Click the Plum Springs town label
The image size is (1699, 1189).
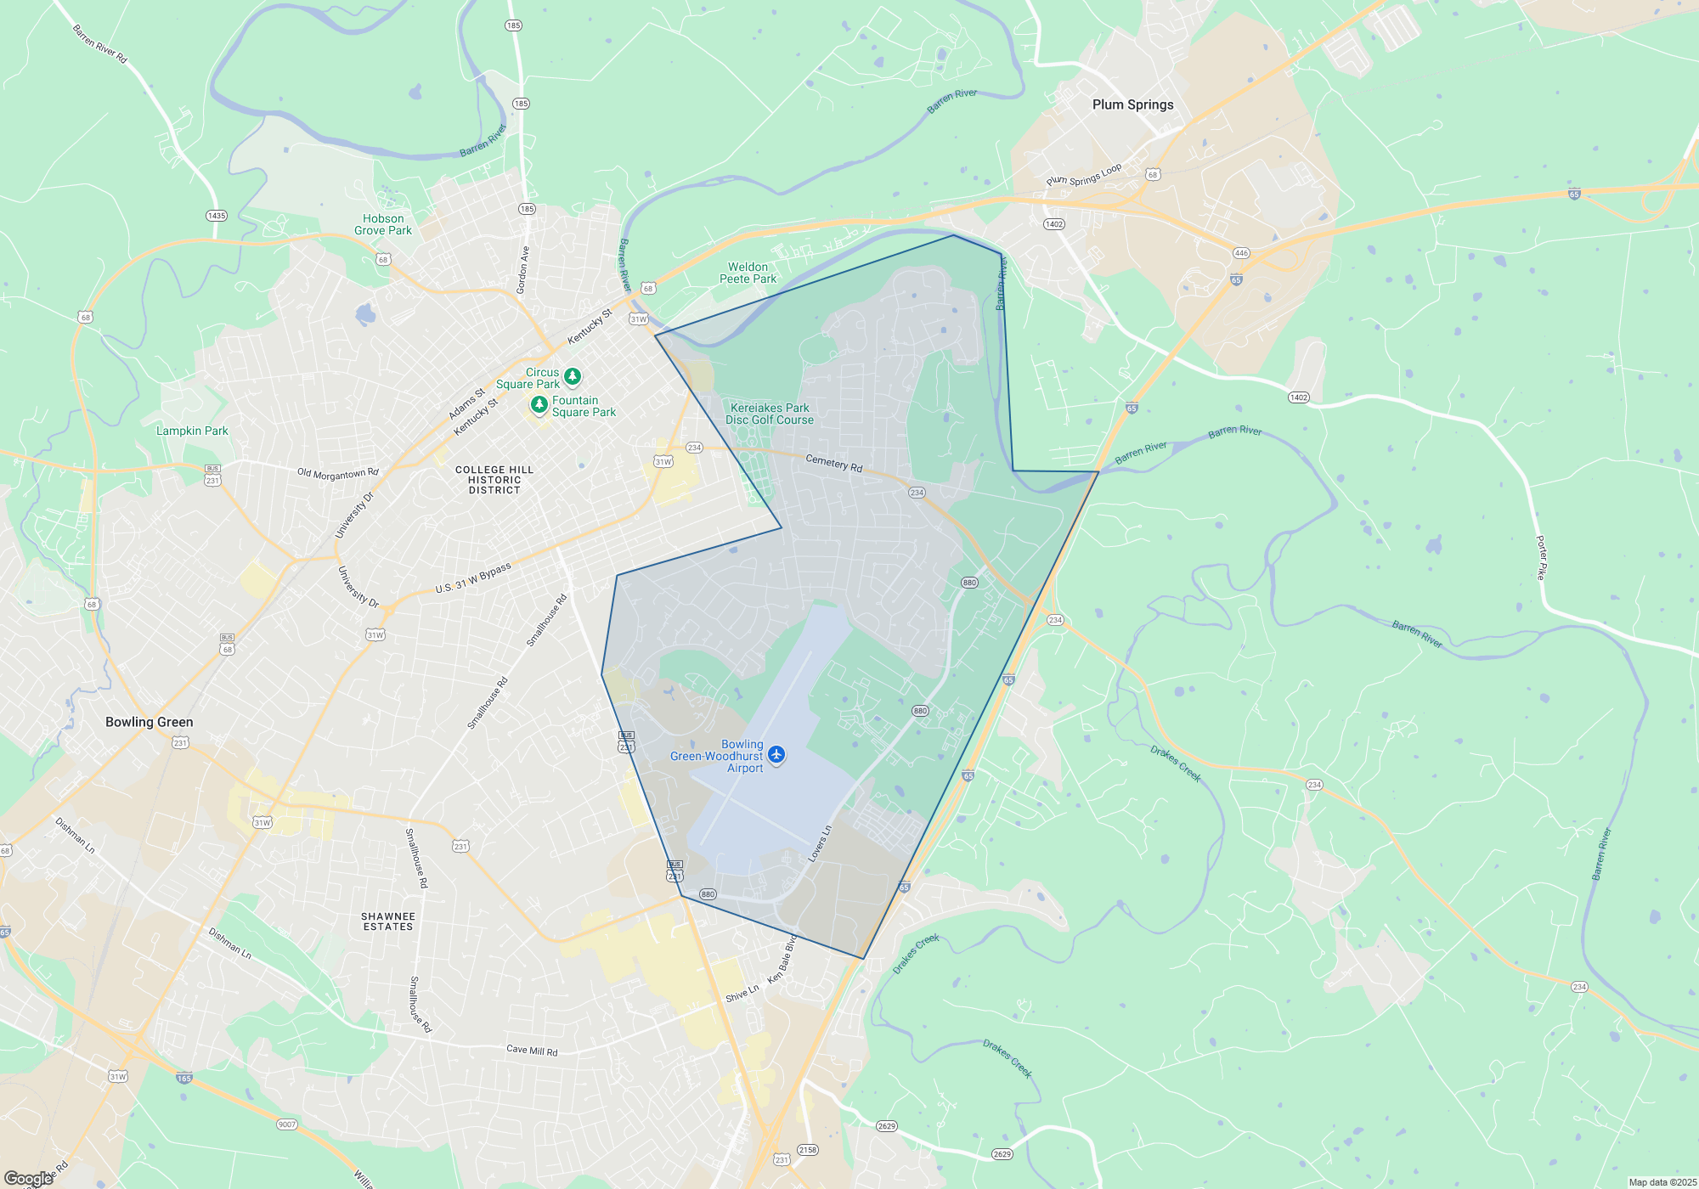(x=1132, y=104)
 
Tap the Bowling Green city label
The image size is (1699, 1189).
(x=149, y=722)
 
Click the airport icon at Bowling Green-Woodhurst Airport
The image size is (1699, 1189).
(x=776, y=754)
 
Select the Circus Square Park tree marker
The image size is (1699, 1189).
(x=573, y=375)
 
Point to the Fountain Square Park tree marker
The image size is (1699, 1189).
(x=539, y=404)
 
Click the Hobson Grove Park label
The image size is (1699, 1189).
(x=383, y=225)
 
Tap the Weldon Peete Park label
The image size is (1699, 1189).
(x=748, y=273)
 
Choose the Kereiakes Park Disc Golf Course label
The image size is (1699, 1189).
(x=770, y=414)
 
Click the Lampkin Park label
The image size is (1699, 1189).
(x=192, y=431)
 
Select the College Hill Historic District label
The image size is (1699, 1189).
(x=494, y=480)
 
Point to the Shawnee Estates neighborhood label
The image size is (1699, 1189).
(x=388, y=921)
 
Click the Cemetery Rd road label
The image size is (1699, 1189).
(x=833, y=463)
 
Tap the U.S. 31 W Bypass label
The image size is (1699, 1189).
(x=473, y=578)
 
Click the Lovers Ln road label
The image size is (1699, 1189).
(x=820, y=843)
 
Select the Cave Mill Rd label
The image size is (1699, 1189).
(x=532, y=1051)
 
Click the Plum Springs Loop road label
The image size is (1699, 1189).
(x=1084, y=175)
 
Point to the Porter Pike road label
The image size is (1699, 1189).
(x=1542, y=557)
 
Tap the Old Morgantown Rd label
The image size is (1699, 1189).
(x=337, y=473)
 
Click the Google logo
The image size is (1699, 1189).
(x=28, y=1178)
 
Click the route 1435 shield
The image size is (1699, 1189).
(x=217, y=216)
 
